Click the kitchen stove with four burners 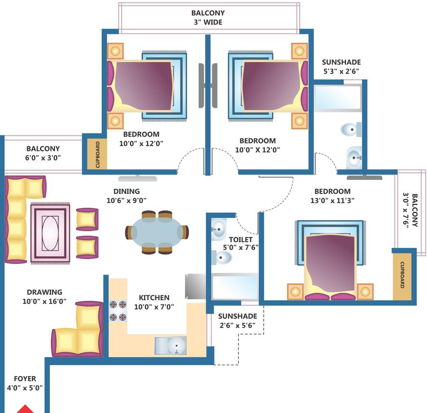118,310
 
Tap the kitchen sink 171,345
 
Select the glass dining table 157,232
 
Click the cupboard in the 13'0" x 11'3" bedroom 402,275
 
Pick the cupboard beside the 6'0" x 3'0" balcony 97,154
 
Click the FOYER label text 25,379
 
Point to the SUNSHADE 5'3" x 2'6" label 341,62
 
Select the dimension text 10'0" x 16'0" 44,301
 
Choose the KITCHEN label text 154,298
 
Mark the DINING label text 126,192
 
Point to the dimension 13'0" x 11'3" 332,200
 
